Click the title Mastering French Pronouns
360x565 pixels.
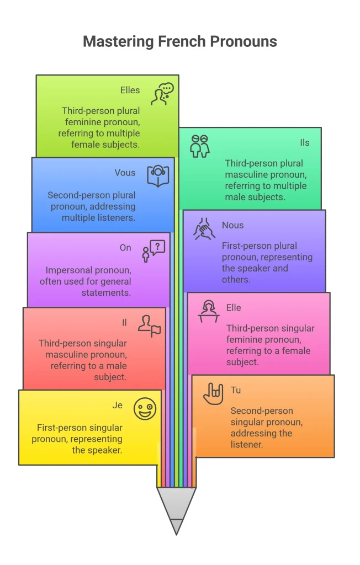point(180,41)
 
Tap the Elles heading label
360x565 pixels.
point(130,90)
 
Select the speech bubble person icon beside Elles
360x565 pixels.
point(162,94)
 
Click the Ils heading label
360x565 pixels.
point(305,143)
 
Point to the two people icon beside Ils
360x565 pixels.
point(200,146)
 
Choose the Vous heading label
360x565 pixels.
point(125,173)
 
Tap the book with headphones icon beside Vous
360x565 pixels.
point(158,176)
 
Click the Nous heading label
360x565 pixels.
point(232,225)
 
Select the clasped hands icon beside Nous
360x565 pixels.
point(204,229)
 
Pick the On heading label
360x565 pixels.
point(125,248)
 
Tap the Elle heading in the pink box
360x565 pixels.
point(234,308)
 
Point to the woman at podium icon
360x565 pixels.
point(209,311)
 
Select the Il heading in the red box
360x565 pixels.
point(124,322)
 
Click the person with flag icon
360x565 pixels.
point(149,326)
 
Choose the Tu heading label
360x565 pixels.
point(236,390)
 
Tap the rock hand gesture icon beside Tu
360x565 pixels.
point(213,394)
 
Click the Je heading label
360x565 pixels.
point(118,406)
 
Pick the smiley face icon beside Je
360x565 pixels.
point(145,409)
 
